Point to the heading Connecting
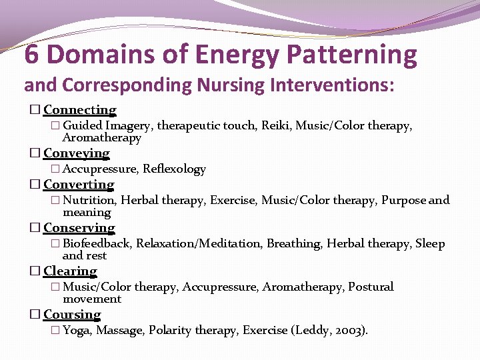coord(80,110)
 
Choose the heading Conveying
coord(77,153)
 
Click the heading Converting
coord(79,185)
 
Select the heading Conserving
coord(79,228)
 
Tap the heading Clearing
coord(70,271)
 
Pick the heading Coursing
coord(72,315)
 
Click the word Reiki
coord(275,125)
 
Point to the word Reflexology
coord(174,169)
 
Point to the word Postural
coord(371,287)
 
